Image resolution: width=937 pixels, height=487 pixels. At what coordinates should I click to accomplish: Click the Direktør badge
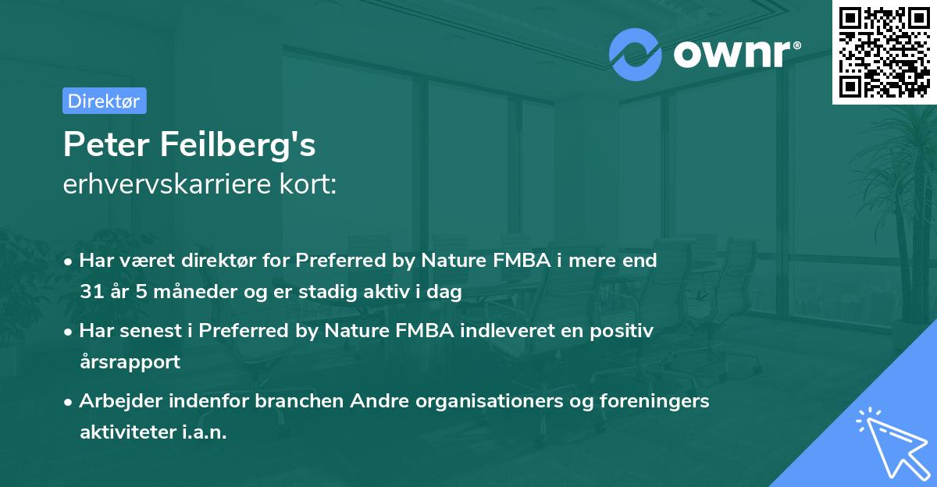tap(103, 101)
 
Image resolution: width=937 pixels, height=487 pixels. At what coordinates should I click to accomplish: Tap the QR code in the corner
tap(884, 52)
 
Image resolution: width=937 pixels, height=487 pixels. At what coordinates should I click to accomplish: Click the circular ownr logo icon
tap(636, 54)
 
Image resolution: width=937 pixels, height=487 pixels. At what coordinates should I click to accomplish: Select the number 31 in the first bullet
tap(91, 292)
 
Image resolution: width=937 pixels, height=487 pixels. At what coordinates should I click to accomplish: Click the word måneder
tap(185, 292)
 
